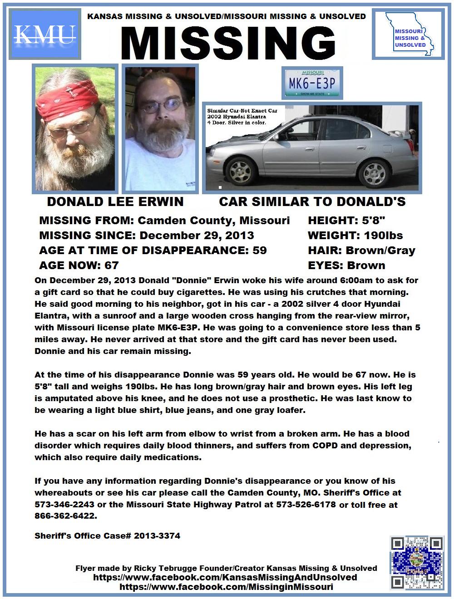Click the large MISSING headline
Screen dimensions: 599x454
click(228, 44)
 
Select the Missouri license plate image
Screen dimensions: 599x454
click(313, 83)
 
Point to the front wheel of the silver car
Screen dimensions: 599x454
click(239, 172)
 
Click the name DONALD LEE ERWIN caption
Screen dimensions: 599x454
click(115, 201)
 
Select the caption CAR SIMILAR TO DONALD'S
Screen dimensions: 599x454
click(312, 201)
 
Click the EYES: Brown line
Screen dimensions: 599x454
click(346, 265)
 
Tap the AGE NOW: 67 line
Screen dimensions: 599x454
click(79, 265)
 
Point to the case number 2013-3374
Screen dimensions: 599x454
click(157, 536)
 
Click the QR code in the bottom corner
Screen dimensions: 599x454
click(416, 563)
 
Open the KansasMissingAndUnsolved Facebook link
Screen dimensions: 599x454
click(225, 577)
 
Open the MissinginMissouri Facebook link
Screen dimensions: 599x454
click(226, 587)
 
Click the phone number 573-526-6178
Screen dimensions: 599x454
click(306, 504)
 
